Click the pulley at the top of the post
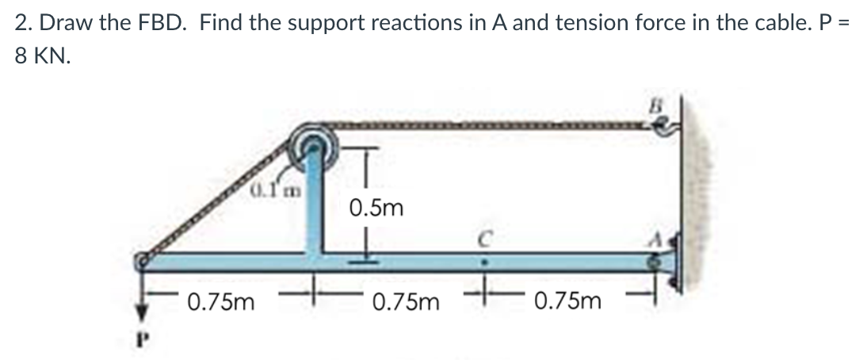[315, 145]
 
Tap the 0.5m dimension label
[376, 209]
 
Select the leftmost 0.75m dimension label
[221, 302]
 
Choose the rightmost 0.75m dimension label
[567, 302]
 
